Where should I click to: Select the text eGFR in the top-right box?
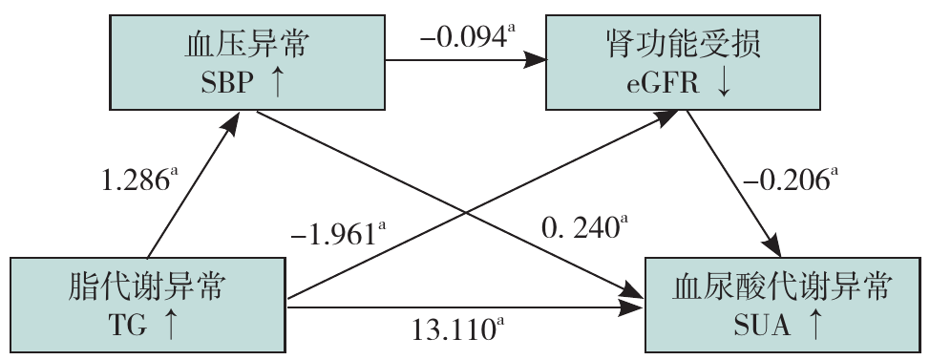click(663, 84)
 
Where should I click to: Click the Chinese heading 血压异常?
click(246, 45)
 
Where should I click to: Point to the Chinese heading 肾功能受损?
click(683, 45)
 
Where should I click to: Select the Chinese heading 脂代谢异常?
click(146, 286)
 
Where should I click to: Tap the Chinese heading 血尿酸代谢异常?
click(782, 286)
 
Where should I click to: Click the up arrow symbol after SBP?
click(276, 83)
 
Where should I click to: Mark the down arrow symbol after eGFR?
click(724, 84)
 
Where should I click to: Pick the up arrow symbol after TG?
click(170, 325)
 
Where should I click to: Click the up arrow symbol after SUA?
click(815, 325)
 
